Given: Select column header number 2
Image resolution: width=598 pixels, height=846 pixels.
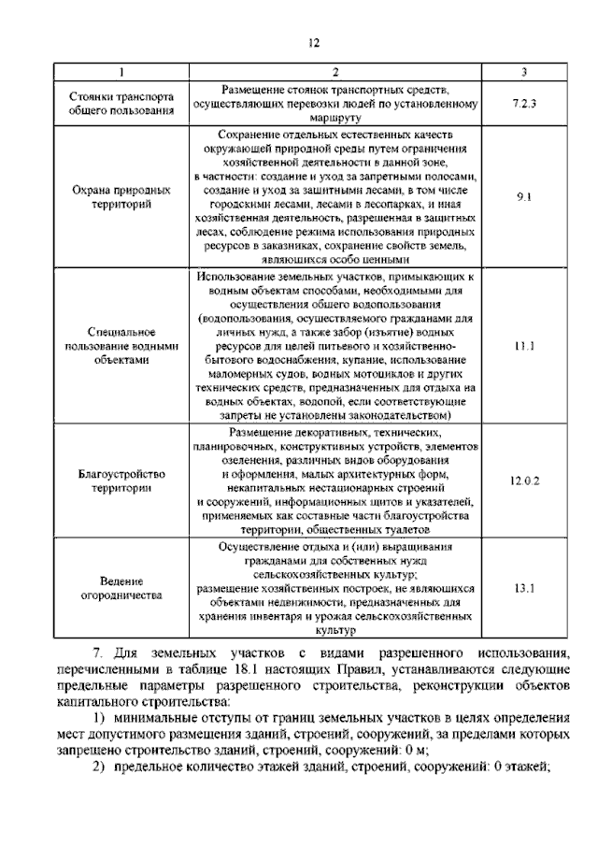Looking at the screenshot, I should click(x=336, y=73).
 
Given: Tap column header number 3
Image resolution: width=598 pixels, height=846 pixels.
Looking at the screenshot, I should click(x=524, y=73).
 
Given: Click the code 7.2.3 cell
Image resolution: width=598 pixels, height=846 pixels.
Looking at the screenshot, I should click(x=524, y=104).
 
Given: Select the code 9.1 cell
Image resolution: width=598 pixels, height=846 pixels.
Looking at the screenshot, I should click(x=524, y=197).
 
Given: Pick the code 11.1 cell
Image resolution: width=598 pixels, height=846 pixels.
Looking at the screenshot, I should click(x=524, y=347).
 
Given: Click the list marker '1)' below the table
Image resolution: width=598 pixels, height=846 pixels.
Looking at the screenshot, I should click(x=98, y=716).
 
